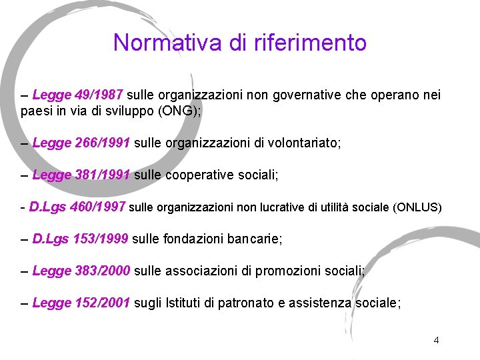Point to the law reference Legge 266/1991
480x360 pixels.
coord(81,143)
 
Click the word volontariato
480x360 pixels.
coord(302,143)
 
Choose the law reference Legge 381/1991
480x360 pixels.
coord(81,175)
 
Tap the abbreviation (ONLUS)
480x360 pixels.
coord(418,207)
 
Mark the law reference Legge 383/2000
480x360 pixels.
coord(81,271)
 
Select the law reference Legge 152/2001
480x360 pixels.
coord(81,303)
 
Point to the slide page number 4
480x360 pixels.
coord(436,340)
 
